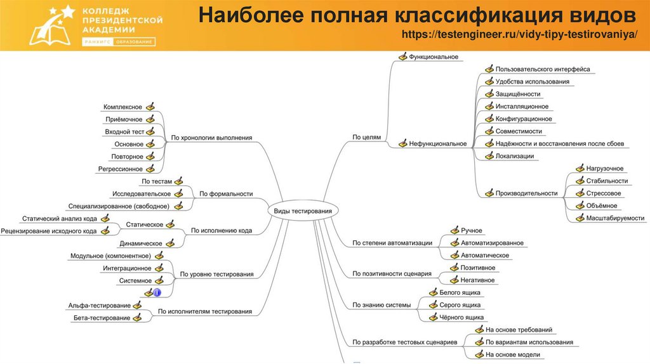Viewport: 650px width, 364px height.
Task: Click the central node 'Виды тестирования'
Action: click(302, 211)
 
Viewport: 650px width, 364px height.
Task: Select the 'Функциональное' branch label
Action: click(434, 57)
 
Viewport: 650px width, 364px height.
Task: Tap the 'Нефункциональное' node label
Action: click(438, 144)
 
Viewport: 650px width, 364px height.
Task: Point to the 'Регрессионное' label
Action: click(120, 169)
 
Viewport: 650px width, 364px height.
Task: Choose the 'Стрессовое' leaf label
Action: click(604, 193)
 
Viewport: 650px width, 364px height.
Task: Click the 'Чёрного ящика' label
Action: click(461, 317)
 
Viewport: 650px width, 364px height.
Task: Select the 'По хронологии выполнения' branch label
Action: click(212, 138)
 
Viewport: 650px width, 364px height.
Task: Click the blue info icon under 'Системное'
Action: click(157, 292)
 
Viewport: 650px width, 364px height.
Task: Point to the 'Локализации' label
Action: click(515, 156)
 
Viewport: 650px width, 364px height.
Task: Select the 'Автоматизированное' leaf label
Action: click(492, 243)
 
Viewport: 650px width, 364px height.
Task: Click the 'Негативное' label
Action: click(477, 280)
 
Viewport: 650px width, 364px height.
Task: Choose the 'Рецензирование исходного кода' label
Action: click(50, 231)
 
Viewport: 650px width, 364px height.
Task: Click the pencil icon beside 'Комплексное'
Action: click(150, 107)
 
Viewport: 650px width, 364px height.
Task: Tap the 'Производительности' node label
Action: click(526, 193)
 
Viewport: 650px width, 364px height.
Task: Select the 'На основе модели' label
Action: click(512, 354)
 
